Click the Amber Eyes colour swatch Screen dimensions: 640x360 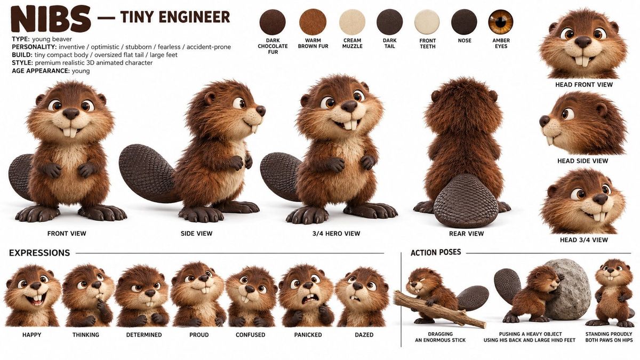click(x=501, y=22)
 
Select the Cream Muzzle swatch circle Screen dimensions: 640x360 click(x=352, y=22)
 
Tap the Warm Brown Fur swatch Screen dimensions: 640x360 click(x=313, y=22)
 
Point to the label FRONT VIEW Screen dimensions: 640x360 click(x=67, y=234)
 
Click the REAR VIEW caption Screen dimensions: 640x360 click(x=466, y=234)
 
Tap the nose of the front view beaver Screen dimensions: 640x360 click(x=70, y=114)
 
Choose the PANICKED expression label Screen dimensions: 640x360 click(x=308, y=334)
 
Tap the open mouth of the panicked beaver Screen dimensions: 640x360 click(x=309, y=299)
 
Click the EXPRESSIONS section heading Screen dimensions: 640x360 click(x=39, y=253)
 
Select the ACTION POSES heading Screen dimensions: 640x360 click(x=436, y=252)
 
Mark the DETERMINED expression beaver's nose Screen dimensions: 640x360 click(x=150, y=293)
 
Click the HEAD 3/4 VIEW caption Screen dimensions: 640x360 click(x=583, y=239)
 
